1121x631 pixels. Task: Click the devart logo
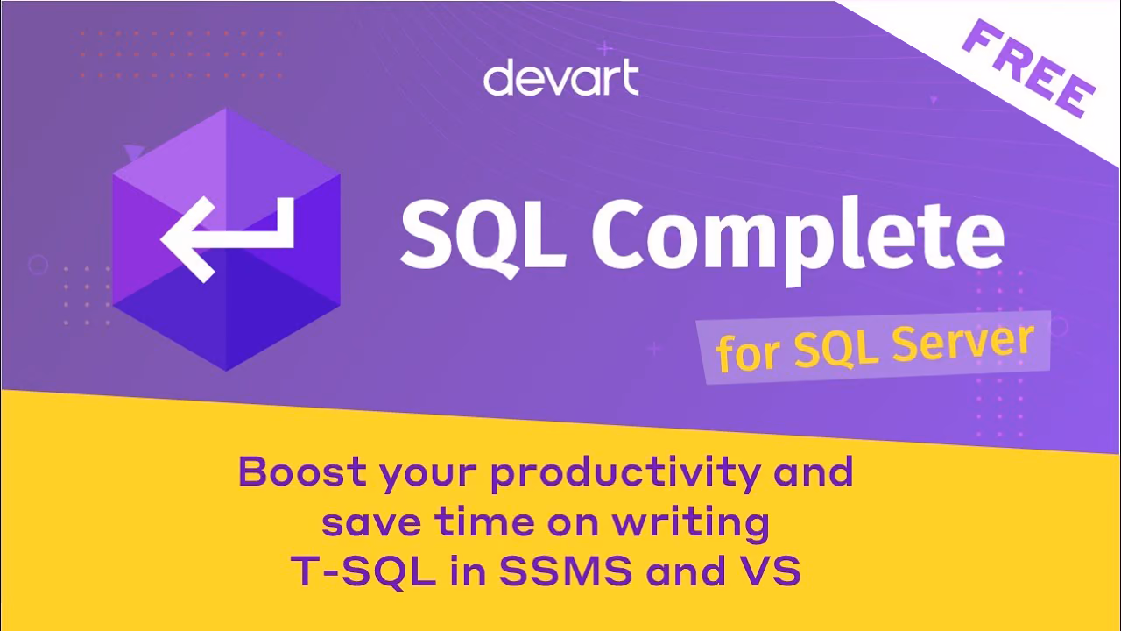click(x=561, y=77)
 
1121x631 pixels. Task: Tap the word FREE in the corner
click(x=1029, y=68)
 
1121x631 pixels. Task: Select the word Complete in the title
click(x=798, y=240)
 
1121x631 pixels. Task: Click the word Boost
click(x=302, y=471)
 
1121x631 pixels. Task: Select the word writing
click(x=691, y=524)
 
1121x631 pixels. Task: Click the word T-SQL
click(x=363, y=571)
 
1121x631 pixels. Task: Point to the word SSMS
click(x=566, y=571)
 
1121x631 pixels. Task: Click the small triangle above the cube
click(x=134, y=152)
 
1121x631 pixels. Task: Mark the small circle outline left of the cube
click(x=38, y=264)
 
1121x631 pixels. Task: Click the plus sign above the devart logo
click(x=605, y=48)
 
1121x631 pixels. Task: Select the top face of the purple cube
click(x=227, y=166)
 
